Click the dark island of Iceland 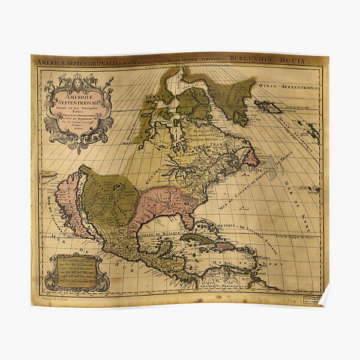[269, 107]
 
